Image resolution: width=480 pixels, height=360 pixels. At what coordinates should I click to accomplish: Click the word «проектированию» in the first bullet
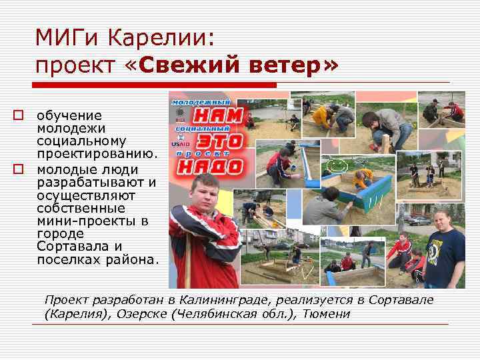(x=97, y=155)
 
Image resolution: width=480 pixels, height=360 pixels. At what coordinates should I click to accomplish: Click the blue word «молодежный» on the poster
(x=199, y=101)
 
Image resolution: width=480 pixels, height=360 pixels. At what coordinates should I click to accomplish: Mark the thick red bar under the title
(x=154, y=85)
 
